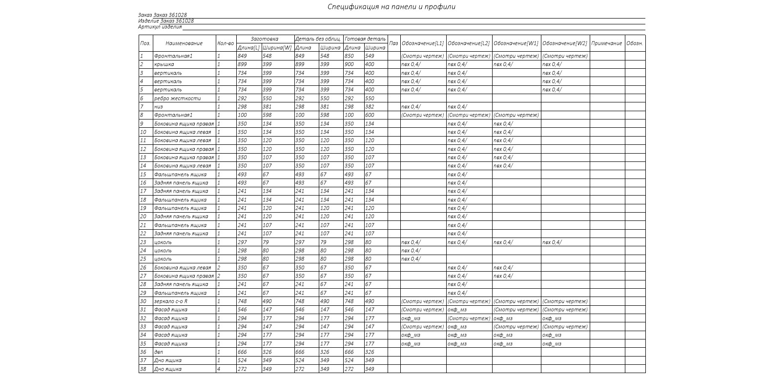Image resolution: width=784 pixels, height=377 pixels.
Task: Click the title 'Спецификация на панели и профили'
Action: coord(392,7)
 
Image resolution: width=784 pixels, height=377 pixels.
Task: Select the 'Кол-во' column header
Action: coord(226,43)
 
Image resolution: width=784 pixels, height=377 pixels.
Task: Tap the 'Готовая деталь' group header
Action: coord(365,39)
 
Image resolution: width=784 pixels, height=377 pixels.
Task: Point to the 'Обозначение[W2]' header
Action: coord(564,43)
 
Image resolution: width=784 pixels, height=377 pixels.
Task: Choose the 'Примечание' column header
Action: coord(606,43)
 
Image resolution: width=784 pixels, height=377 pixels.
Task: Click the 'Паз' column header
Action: coord(393,43)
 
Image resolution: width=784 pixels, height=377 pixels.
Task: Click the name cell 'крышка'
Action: coord(164,64)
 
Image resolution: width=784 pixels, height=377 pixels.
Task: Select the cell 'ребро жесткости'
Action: coord(177,99)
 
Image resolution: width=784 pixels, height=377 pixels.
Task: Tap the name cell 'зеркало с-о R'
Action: coord(170,301)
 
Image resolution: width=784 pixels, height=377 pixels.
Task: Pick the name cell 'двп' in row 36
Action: coord(159,352)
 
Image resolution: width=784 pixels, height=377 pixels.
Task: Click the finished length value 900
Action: coord(349,64)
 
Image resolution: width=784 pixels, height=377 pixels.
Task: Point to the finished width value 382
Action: coord(370,107)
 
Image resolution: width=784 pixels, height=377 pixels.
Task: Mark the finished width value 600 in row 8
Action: coord(370,115)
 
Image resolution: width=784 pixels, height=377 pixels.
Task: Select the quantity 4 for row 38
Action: coord(219,369)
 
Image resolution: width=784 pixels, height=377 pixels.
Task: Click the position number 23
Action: coord(144,242)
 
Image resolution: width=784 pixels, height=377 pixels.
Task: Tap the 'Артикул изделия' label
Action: coord(160,27)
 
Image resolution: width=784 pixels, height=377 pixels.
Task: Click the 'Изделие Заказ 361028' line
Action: coord(166,21)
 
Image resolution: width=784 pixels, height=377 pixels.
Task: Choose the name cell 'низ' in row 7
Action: coord(159,107)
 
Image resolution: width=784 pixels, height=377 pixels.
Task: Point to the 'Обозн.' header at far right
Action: coord(635,43)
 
